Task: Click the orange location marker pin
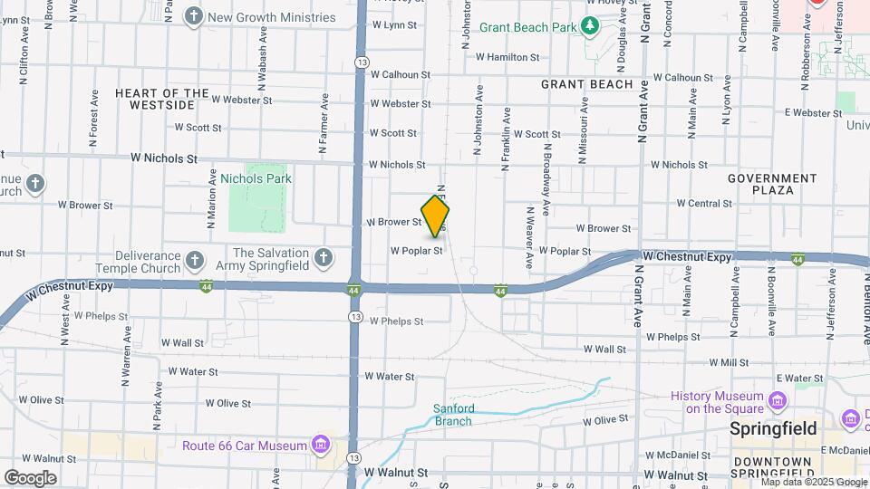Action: tap(436, 216)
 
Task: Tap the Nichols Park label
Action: tap(256, 178)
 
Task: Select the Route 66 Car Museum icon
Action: tap(320, 445)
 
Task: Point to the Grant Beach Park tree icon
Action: tap(590, 26)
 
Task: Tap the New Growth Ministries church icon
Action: tap(193, 16)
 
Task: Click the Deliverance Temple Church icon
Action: tap(194, 261)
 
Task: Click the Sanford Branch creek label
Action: tap(452, 414)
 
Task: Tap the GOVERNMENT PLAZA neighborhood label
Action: tap(773, 184)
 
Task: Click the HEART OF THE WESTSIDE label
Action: tap(162, 99)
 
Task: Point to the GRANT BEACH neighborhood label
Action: tap(586, 84)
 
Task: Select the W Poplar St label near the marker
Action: tap(416, 251)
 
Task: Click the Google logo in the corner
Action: tap(30, 477)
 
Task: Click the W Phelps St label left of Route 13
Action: tap(102, 316)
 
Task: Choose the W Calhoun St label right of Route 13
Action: tap(400, 75)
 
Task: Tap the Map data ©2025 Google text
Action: tap(814, 483)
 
